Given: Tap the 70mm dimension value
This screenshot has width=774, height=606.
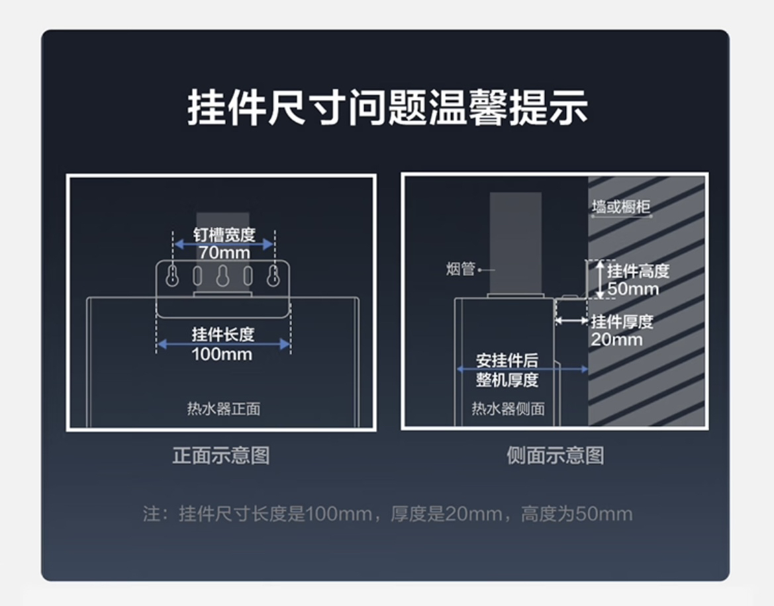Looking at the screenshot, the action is (x=224, y=252).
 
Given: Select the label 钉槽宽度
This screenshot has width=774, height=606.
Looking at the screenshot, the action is (x=224, y=235).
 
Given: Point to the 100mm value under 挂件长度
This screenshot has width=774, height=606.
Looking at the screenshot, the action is (x=222, y=354).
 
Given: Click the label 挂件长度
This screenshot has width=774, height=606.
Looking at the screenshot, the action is (x=223, y=334).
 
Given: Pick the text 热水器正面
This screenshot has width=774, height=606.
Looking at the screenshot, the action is (x=223, y=408).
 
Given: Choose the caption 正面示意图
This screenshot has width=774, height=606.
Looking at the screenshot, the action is (x=221, y=455).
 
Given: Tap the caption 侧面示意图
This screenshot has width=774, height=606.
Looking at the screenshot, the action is (x=555, y=455).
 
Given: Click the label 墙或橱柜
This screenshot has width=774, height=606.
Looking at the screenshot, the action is (x=621, y=207).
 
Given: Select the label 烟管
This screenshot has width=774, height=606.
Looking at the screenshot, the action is (x=460, y=269).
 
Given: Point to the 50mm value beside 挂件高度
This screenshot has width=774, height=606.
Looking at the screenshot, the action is (x=633, y=289).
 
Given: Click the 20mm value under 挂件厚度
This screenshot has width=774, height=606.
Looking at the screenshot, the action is (x=616, y=339).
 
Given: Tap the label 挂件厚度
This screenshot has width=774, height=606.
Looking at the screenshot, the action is (x=622, y=322).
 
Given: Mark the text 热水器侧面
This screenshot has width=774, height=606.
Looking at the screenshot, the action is (x=508, y=408).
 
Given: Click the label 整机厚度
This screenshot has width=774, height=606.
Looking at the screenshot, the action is (x=507, y=380).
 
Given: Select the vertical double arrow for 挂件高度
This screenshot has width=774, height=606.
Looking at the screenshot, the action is (x=599, y=279).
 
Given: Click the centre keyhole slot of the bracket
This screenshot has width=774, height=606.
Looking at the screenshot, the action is (x=222, y=275).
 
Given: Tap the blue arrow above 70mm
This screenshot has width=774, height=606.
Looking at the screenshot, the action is (x=224, y=244).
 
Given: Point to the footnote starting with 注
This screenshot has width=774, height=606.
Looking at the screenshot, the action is (x=387, y=513).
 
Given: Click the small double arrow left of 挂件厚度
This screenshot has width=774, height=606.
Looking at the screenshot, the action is (x=571, y=320).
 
